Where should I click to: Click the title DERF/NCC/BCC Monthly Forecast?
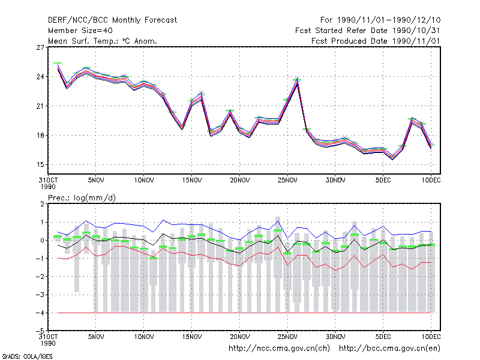click(x=112, y=20)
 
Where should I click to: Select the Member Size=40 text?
click(x=80, y=31)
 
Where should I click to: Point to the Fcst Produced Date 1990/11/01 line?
click(x=376, y=41)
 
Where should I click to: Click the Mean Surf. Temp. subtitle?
click(x=103, y=41)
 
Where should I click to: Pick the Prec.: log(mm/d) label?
click(x=82, y=198)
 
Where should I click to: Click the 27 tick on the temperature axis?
click(x=40, y=47)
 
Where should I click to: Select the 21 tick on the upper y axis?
click(x=40, y=106)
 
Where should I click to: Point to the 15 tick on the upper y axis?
click(x=40, y=164)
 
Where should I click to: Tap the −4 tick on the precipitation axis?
click(x=40, y=313)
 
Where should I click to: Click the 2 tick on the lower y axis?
click(x=42, y=204)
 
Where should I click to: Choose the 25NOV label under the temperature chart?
click(x=287, y=181)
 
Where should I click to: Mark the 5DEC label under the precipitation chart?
click(x=383, y=337)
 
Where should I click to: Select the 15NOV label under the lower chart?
click(x=192, y=337)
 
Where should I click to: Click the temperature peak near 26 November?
click(x=297, y=79)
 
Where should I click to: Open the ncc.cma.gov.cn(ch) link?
click(x=279, y=349)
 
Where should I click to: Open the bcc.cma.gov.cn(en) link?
click(x=389, y=349)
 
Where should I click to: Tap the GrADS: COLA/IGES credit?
click(x=27, y=356)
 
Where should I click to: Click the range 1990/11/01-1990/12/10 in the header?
click(x=388, y=20)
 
